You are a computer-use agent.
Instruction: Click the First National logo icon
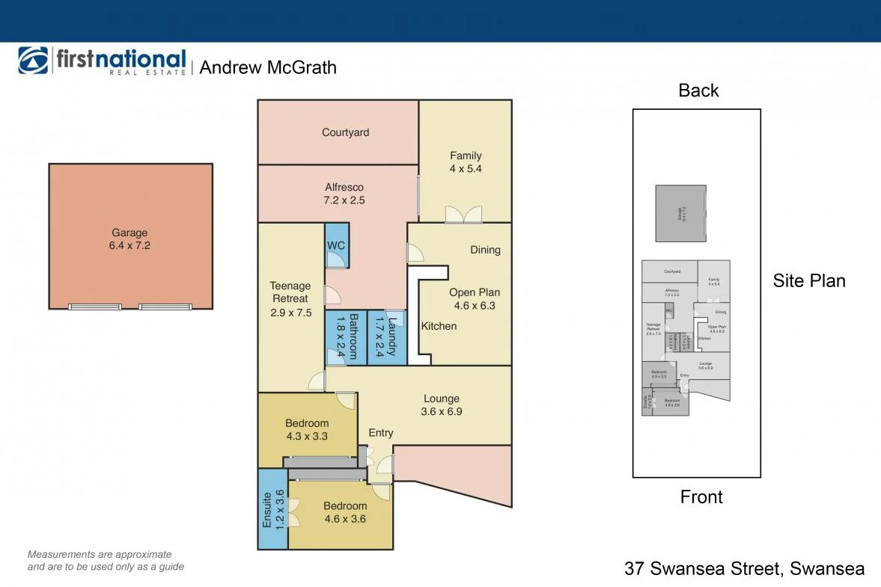pyautogui.click(x=33, y=61)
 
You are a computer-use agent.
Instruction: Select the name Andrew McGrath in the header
pyautogui.click(x=268, y=67)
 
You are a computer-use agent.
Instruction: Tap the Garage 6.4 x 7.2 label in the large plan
pyautogui.click(x=130, y=239)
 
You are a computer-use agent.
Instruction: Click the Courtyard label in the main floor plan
pyautogui.click(x=345, y=132)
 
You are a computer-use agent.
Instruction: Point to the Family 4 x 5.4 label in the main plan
pyautogui.click(x=466, y=162)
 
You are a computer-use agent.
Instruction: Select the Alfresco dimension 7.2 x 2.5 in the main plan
pyautogui.click(x=344, y=200)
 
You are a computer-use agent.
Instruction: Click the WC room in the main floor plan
pyautogui.click(x=337, y=245)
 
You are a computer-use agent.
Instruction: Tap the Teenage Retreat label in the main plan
pyautogui.click(x=290, y=292)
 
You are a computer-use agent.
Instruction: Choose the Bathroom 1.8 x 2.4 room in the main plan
pyautogui.click(x=346, y=337)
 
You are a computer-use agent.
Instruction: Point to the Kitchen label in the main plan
pyautogui.click(x=439, y=326)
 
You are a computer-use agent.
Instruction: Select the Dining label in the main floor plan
pyautogui.click(x=485, y=250)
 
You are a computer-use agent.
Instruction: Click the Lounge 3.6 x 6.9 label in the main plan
pyautogui.click(x=442, y=405)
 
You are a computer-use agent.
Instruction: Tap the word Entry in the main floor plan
pyautogui.click(x=381, y=433)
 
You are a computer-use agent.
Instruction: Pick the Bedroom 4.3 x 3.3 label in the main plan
pyautogui.click(x=307, y=429)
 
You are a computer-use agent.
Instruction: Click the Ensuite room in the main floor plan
pyautogui.click(x=272, y=508)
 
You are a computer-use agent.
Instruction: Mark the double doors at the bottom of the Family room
pyautogui.click(x=463, y=215)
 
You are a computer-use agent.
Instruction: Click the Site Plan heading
pyautogui.click(x=809, y=280)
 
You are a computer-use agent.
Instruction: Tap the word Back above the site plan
pyautogui.click(x=698, y=90)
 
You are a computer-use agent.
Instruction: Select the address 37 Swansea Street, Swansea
pyautogui.click(x=744, y=568)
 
